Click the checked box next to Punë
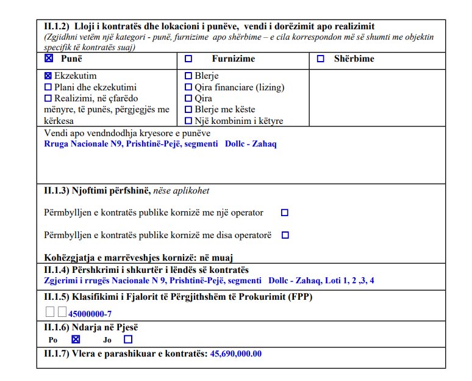49,59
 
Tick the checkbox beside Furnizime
188,59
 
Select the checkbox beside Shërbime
321,59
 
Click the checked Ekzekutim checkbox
48,77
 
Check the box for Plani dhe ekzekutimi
48,88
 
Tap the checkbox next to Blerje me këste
188,110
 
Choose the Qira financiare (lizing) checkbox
188,88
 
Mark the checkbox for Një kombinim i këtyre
188,121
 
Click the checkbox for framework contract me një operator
284,213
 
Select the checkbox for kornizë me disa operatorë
285,235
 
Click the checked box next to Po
76,339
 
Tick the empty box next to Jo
128,339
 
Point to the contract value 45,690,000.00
236,354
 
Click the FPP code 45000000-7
90,314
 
